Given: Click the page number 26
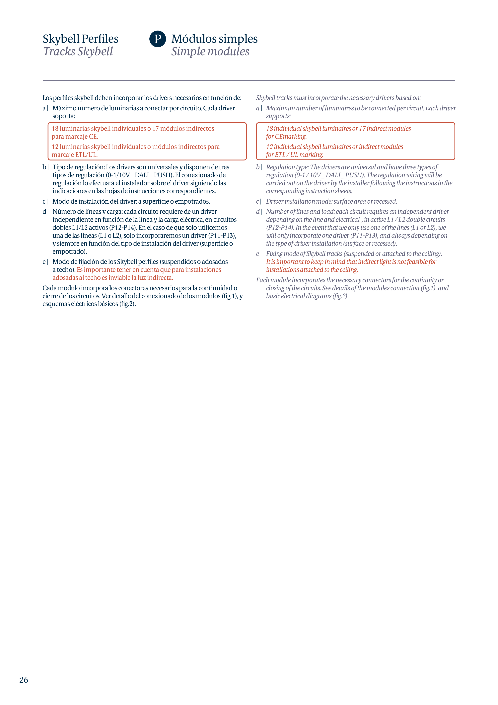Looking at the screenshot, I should (x=24, y=680).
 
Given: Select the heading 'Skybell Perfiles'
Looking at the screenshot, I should (x=80, y=39).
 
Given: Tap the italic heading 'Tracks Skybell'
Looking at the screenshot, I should (x=78, y=51).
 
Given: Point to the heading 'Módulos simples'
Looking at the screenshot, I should (x=214, y=39).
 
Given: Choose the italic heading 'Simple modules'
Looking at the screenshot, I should (x=210, y=51).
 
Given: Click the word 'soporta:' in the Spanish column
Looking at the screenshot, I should (x=63, y=116).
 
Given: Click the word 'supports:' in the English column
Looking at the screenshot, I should (x=278, y=116).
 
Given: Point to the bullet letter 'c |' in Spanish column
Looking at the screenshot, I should (x=45, y=201).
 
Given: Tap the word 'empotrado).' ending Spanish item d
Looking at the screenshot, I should (x=70, y=252).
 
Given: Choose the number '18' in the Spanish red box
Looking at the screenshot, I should (x=55, y=129).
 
